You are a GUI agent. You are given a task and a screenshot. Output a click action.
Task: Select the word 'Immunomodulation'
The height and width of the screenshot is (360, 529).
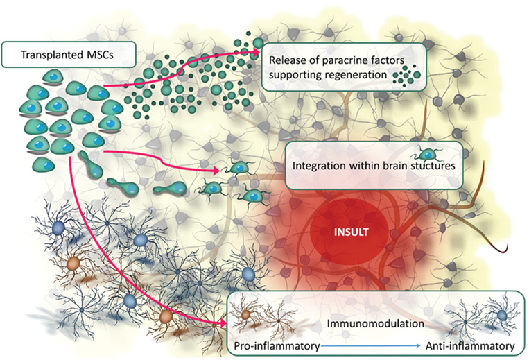pos(365,323)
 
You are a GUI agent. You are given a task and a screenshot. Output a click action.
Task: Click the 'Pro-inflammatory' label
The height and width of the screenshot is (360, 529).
pos(273,345)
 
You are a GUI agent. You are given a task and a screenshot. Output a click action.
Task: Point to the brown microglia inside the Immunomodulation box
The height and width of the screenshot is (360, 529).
pos(247,318)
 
